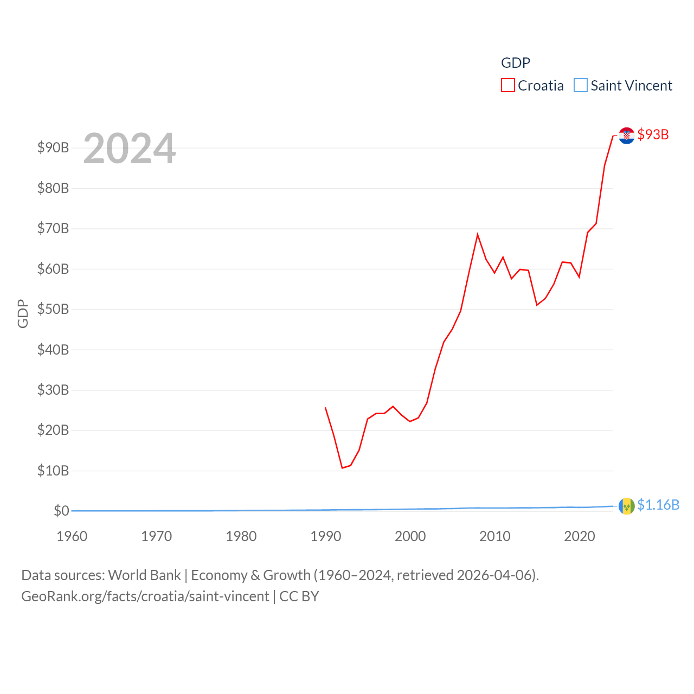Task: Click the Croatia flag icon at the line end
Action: (x=626, y=135)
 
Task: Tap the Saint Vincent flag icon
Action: (x=626, y=506)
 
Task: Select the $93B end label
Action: (x=653, y=134)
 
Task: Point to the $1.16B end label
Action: (x=658, y=505)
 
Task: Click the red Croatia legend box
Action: (x=507, y=86)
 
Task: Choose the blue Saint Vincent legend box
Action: (x=580, y=86)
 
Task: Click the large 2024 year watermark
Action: (x=129, y=148)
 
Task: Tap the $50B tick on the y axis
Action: (x=53, y=309)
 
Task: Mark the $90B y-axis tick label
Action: (x=53, y=147)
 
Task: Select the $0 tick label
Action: (x=61, y=511)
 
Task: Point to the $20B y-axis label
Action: (x=53, y=430)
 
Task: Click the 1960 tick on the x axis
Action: (x=72, y=536)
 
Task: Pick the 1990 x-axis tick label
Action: (x=326, y=536)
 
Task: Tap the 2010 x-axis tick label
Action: (x=495, y=536)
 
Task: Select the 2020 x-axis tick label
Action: (x=580, y=536)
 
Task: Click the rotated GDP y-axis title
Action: (x=23, y=313)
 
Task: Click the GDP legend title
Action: (x=515, y=63)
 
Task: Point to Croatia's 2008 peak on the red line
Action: (x=478, y=235)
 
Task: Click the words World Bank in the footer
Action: (x=144, y=575)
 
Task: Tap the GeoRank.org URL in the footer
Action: (x=145, y=596)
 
